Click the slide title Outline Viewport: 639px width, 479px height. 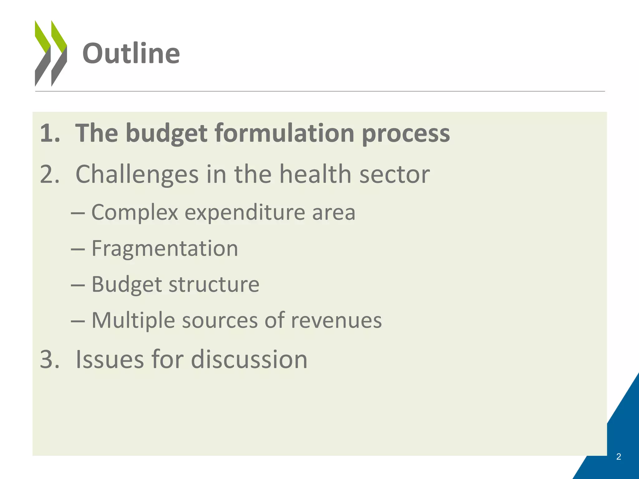pos(131,54)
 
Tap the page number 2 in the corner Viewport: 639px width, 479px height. pos(618,457)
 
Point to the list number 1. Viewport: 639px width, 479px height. pos(49,133)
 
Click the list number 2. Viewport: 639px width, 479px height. pos(49,174)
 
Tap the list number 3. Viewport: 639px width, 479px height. pos(49,359)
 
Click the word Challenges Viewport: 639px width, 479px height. pos(137,175)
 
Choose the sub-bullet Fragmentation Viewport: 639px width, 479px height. pos(164,249)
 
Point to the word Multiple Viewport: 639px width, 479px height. pos(133,321)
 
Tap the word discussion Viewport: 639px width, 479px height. pos(249,359)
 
